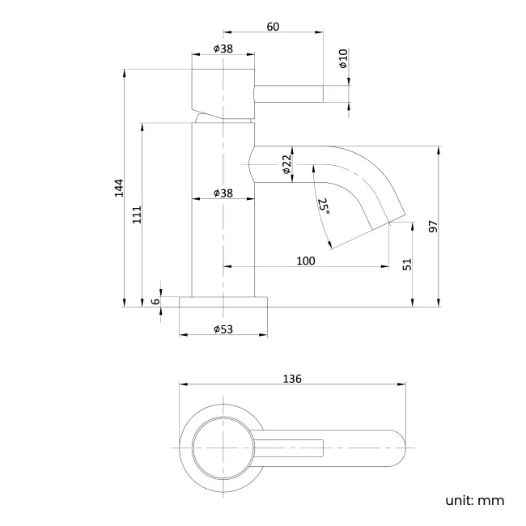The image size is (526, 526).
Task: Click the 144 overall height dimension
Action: pyautogui.click(x=118, y=187)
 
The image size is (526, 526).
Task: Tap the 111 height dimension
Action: pyautogui.click(x=138, y=214)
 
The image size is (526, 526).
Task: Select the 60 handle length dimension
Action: pyautogui.click(x=273, y=27)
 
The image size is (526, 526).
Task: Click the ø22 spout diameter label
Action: pyautogui.click(x=286, y=165)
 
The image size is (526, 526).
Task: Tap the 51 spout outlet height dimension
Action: pyautogui.click(x=407, y=264)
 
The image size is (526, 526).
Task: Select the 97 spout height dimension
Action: pyautogui.click(x=432, y=227)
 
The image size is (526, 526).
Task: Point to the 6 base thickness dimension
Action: pyautogui.click(x=155, y=302)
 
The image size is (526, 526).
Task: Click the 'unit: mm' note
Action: pyautogui.click(x=474, y=499)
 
